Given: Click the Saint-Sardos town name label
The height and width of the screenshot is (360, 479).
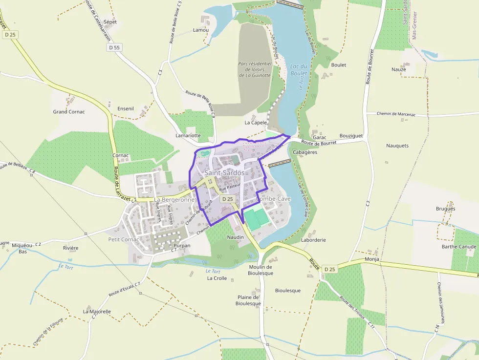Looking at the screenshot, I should click(x=224, y=173).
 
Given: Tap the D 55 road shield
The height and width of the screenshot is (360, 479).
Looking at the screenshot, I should click(x=114, y=47).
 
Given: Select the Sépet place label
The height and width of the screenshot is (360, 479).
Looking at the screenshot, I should click(x=110, y=22).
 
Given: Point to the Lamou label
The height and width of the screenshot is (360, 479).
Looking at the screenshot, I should click(x=200, y=30).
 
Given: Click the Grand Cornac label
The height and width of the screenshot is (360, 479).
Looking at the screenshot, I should click(x=69, y=112).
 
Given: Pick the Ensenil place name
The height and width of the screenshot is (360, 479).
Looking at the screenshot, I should click(x=126, y=108).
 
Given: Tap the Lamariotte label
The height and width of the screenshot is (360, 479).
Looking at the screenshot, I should click(x=188, y=135).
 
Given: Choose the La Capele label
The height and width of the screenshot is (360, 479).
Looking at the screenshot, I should click(x=256, y=123).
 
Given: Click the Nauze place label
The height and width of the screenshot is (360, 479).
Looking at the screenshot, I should click(x=398, y=69).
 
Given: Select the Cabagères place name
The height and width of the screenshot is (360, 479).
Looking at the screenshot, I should click(x=305, y=152).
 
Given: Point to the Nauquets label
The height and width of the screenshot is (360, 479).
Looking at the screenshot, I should click(x=397, y=146).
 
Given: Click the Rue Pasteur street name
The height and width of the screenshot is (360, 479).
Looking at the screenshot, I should click(x=230, y=187).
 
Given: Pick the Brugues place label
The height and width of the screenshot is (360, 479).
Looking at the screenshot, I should click(x=445, y=209).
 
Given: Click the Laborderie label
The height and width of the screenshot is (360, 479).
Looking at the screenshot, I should click(x=313, y=240).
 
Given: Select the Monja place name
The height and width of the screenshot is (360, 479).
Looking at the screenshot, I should click(x=371, y=259).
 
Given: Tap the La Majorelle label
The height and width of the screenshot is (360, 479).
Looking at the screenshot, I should click(x=97, y=311).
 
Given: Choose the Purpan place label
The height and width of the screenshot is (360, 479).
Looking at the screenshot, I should click(x=182, y=246).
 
